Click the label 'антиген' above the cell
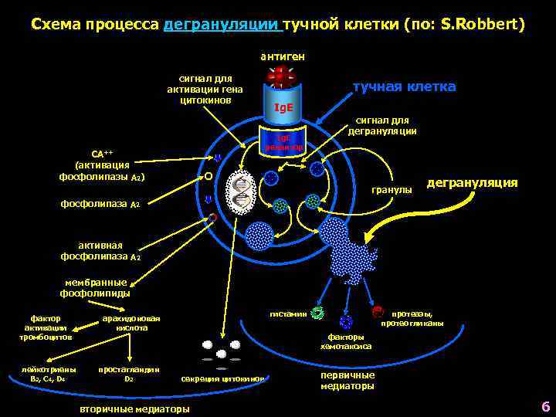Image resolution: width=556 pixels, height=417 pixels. [x=282, y=56]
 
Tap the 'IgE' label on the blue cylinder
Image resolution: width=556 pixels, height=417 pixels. [x=283, y=107]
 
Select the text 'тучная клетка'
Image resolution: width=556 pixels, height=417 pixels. [x=404, y=86]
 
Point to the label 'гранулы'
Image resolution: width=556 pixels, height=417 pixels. [x=392, y=188]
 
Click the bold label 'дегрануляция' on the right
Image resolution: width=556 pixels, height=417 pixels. [x=472, y=183]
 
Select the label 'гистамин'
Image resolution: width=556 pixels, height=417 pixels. [x=287, y=314]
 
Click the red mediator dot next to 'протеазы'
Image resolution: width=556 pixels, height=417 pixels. [x=377, y=312]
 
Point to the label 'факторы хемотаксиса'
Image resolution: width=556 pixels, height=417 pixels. [x=349, y=341]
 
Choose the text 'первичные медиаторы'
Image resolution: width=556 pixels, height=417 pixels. [x=347, y=380]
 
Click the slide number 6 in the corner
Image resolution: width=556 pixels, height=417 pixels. [x=544, y=406]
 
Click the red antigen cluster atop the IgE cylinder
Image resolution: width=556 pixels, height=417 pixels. [x=280, y=78]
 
